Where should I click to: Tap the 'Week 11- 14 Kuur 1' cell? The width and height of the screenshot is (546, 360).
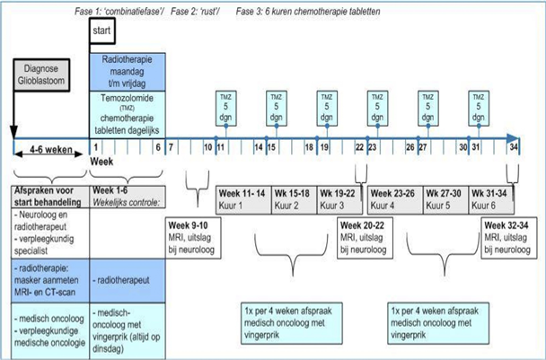coord(242,198)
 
